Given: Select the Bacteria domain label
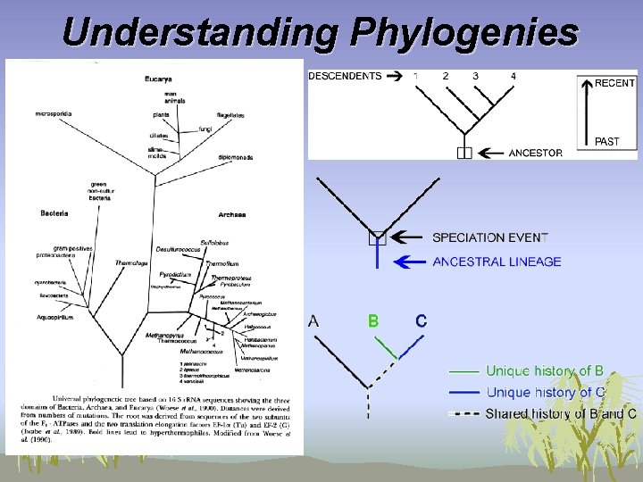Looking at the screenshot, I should point(54,213).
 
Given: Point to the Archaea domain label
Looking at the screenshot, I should point(231,214).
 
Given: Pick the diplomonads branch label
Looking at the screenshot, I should point(235,158).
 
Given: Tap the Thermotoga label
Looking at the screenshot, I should point(130,262).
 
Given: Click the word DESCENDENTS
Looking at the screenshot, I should point(345,76).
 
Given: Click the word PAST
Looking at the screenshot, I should point(606,141).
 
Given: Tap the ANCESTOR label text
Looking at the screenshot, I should point(535,153).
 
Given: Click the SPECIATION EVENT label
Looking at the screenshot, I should point(489,237).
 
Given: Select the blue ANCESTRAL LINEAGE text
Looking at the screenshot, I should point(497,262).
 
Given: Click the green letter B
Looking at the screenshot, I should point(373,320).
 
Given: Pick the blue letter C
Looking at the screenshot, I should point(421,320).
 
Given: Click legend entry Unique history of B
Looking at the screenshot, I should point(544,370).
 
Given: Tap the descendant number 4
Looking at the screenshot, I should point(513,76).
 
